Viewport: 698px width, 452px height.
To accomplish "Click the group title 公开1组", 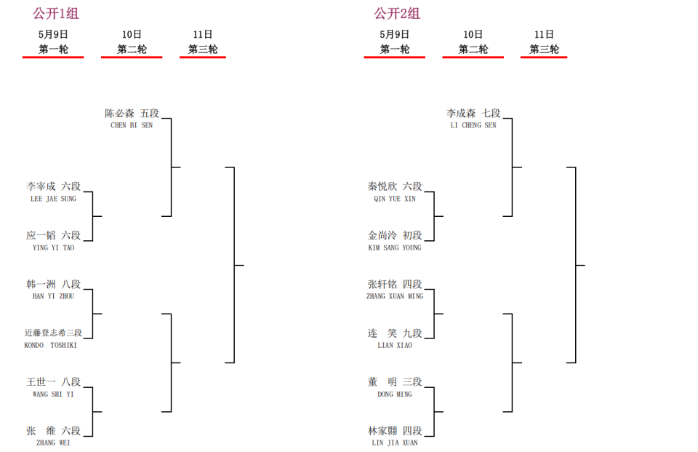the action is [x=56, y=13].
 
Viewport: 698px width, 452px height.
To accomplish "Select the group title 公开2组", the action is [x=397, y=13].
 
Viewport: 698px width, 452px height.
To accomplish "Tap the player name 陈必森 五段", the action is [x=132, y=114].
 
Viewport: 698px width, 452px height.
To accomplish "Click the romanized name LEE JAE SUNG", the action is [x=53, y=199].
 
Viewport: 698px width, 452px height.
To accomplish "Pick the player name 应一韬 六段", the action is [x=53, y=235].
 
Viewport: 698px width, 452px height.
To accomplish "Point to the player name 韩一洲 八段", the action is [x=53, y=284].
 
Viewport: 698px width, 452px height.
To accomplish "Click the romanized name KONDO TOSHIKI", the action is [x=50, y=345].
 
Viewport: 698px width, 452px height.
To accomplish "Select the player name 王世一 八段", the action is [x=53, y=381].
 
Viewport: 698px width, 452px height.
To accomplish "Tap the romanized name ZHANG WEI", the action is [x=53, y=443].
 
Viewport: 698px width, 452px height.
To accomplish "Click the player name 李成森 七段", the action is [x=473, y=114].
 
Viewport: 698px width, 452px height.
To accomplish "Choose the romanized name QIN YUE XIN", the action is [x=395, y=199].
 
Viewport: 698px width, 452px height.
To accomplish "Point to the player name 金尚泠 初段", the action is [x=395, y=235].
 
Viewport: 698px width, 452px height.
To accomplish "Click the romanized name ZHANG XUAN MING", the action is [x=395, y=296].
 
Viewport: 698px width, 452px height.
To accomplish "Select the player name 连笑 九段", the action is [x=395, y=333].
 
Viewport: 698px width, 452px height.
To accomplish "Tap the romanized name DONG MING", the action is [x=395, y=394].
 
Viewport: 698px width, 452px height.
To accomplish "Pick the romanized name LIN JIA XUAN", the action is [x=395, y=443].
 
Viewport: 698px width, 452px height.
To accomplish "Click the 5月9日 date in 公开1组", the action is [x=53, y=34].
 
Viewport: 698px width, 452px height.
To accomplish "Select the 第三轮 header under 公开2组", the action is [x=544, y=49].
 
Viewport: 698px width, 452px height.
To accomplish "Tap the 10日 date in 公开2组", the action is [x=473, y=34].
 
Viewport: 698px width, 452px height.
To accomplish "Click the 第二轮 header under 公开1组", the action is [x=132, y=49].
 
